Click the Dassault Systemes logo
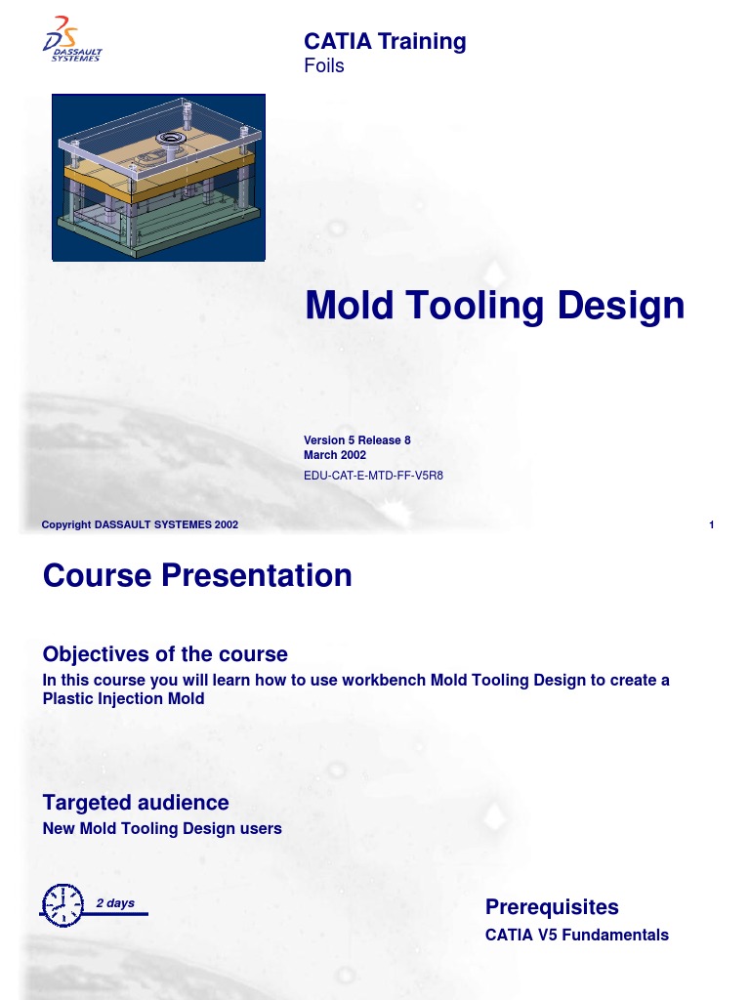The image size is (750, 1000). [73, 41]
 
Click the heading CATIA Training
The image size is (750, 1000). [385, 41]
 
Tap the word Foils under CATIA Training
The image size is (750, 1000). [324, 66]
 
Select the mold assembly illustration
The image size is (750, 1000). [158, 178]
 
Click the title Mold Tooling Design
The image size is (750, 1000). [494, 306]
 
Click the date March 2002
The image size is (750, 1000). [335, 455]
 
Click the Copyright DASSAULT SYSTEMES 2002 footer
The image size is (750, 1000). [140, 525]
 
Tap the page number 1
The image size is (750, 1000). [712, 525]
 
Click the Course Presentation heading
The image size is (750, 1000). [197, 575]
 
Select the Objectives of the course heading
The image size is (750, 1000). [165, 653]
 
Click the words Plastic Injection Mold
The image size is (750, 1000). [124, 698]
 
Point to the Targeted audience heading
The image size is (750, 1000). [136, 803]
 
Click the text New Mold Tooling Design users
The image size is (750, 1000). [162, 828]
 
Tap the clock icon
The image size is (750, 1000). [62, 904]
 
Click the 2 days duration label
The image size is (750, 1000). [115, 903]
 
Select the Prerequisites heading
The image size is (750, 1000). [552, 907]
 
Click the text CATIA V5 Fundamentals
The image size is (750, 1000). [577, 935]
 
